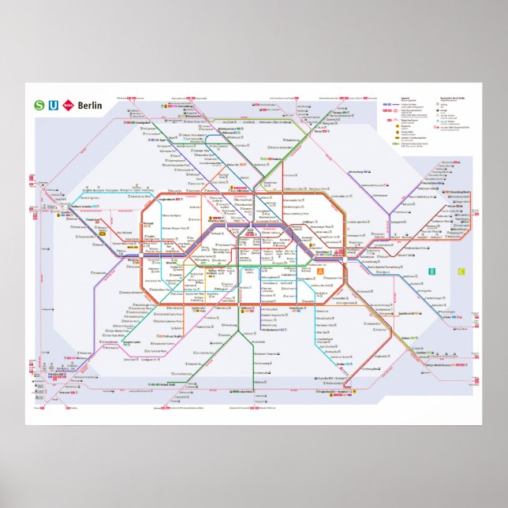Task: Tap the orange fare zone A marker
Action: (320, 272)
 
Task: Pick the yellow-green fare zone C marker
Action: (461, 272)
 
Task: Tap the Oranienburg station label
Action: (193, 102)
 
